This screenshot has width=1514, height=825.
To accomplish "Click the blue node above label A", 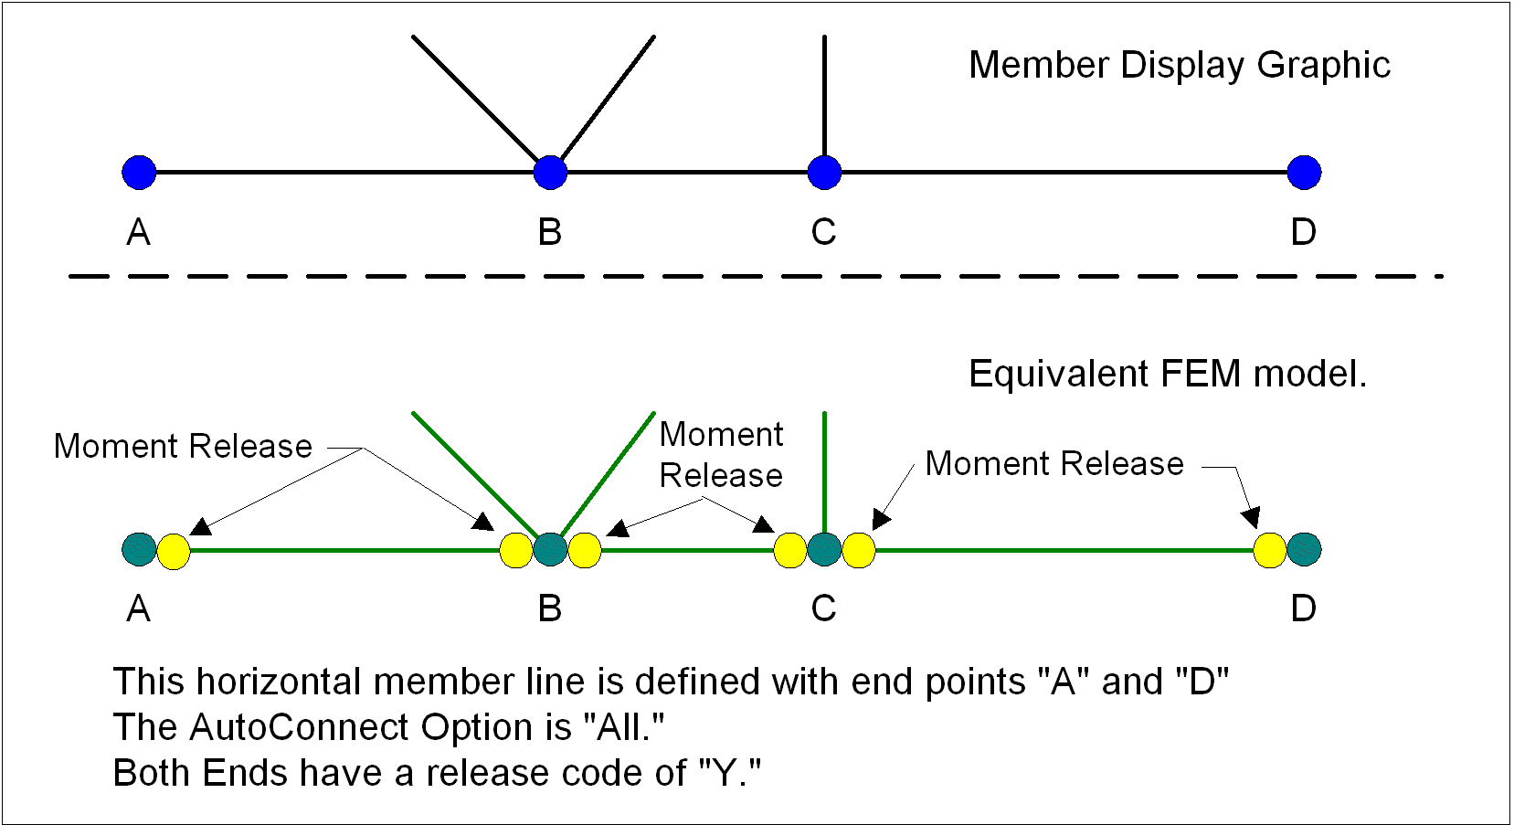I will (139, 172).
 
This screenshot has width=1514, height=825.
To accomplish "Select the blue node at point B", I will (550, 172).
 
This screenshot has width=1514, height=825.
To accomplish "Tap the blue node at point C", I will (824, 172).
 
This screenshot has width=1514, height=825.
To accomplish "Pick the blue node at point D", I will (1304, 172).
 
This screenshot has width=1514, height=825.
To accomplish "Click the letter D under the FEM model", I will (1303, 608).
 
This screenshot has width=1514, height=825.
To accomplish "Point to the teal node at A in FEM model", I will (139, 549).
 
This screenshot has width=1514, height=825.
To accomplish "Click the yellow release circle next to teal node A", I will (174, 552).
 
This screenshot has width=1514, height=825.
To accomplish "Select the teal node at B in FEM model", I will (550, 549).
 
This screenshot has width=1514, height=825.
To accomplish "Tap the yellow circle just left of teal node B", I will (516, 551).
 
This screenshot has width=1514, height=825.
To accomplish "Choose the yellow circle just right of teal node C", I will (859, 551).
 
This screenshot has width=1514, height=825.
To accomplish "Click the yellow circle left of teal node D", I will (1270, 551).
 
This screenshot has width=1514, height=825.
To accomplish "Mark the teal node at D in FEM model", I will (1304, 549).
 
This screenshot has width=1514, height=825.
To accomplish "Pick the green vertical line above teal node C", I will (824, 471).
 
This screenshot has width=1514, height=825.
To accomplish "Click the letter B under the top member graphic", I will (549, 233).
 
